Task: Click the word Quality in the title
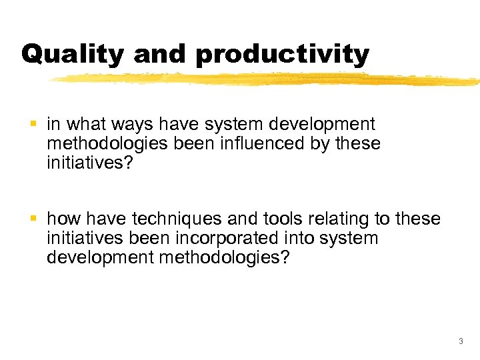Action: coord(72,53)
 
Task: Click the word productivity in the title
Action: coord(282,53)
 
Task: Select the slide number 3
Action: coord(460,342)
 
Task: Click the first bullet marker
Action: coord(34,124)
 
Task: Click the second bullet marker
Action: coord(34,219)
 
